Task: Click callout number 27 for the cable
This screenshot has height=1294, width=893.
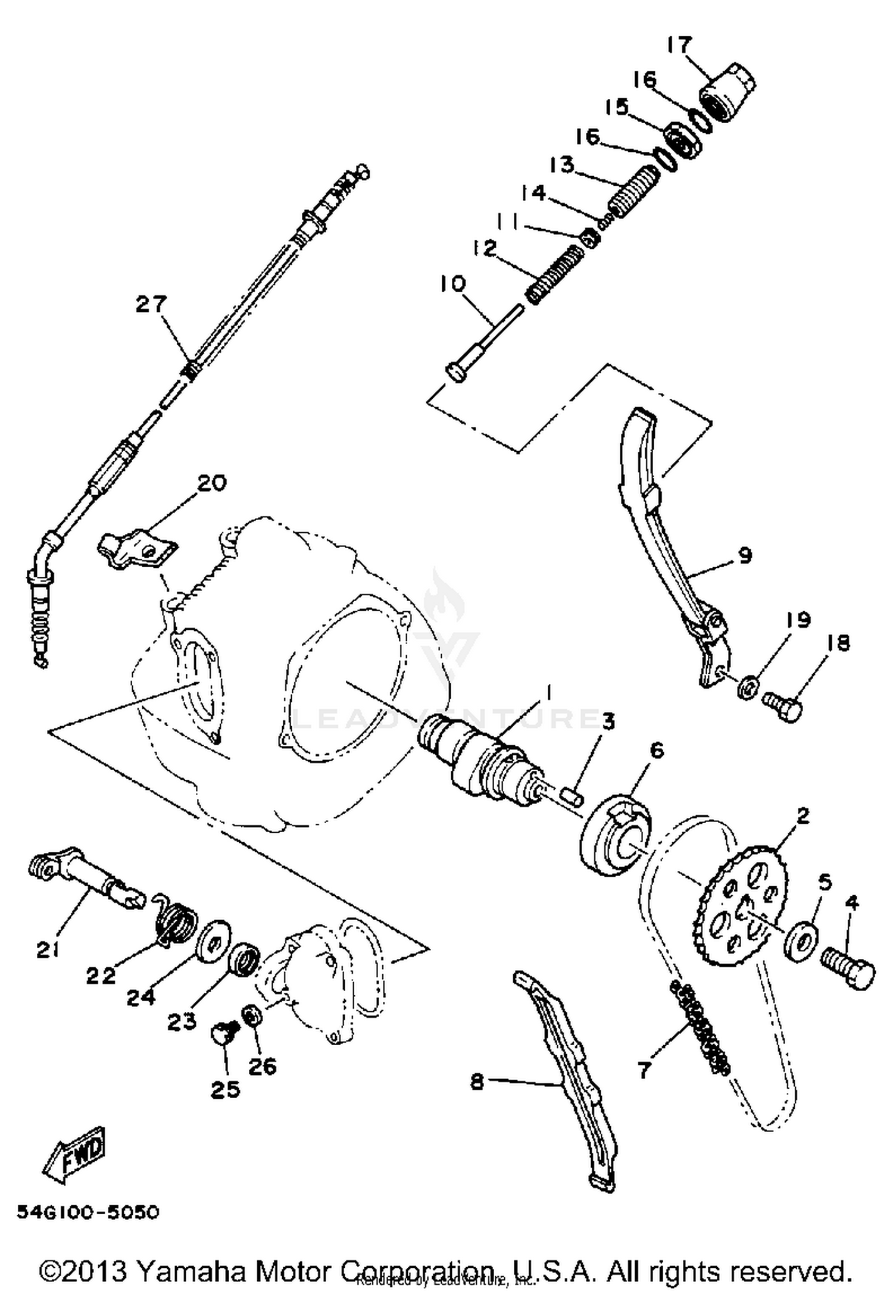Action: click(152, 304)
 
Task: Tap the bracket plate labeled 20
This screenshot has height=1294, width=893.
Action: click(137, 547)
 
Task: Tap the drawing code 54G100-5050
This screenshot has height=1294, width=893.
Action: click(88, 1211)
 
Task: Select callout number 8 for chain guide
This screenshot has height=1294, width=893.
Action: click(477, 1081)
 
